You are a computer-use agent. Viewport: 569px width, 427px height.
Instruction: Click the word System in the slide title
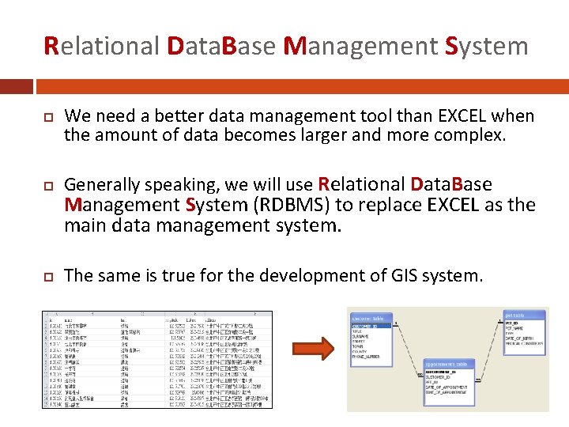point(487,46)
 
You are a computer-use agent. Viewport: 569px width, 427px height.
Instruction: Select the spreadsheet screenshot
point(156,359)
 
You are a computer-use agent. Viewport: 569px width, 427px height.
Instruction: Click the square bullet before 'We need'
point(46,117)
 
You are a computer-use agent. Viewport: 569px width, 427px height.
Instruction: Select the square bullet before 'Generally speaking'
point(46,185)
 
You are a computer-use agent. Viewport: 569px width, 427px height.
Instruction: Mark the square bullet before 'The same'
point(46,276)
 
